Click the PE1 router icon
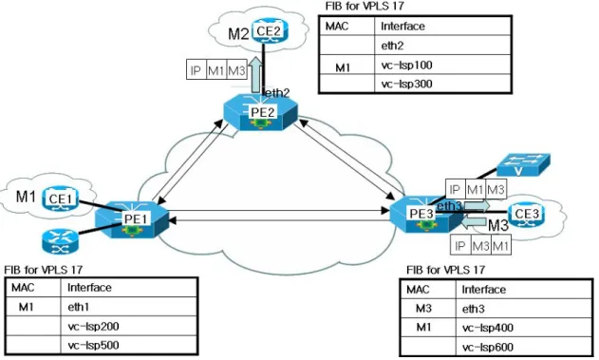(132, 219)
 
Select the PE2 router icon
(260, 113)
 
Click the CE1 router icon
(60, 199)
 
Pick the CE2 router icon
(269, 30)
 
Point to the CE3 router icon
(527, 215)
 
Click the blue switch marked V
(523, 164)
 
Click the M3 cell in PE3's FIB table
(423, 309)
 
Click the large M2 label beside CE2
(238, 33)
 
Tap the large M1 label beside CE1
(26, 197)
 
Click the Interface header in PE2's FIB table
(402, 27)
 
